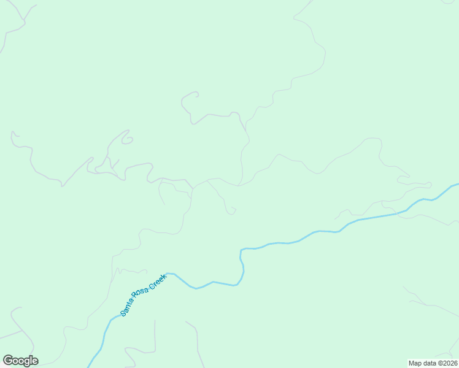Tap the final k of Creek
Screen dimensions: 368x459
(164, 276)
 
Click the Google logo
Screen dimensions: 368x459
(20, 361)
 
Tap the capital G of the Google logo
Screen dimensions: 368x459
(7, 361)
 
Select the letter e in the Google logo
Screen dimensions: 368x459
(34, 361)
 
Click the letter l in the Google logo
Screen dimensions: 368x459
(31, 360)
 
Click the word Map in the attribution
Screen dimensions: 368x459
(415, 363)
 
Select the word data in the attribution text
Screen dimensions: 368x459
(431, 363)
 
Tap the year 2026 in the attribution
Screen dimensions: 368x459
(450, 363)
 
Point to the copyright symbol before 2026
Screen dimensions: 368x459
(440, 363)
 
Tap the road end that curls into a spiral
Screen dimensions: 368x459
(127, 140)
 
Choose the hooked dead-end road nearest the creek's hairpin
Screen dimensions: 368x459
(233, 212)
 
